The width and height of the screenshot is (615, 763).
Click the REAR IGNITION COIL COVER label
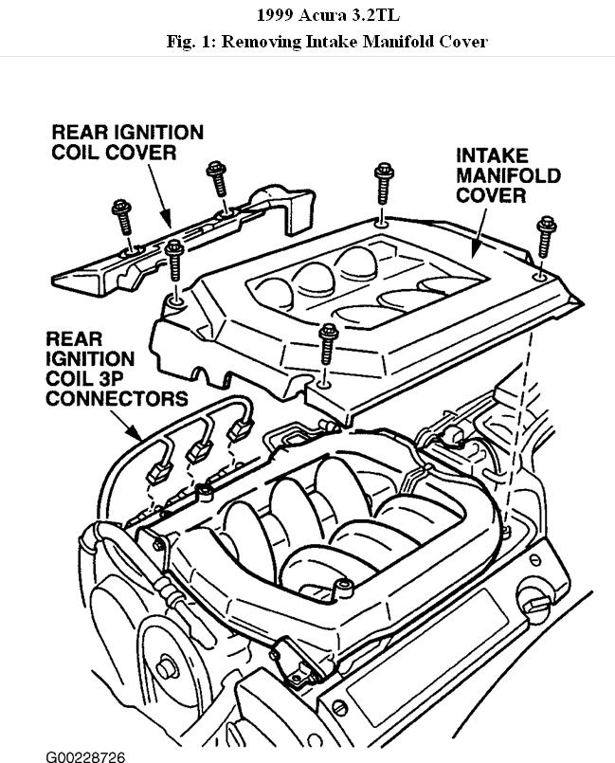[127, 142]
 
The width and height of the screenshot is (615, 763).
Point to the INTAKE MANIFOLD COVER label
[508, 175]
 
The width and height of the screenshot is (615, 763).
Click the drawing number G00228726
[85, 755]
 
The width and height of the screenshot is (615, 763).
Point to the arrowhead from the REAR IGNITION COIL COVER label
[171, 225]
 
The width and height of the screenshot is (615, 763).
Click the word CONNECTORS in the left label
[118, 397]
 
